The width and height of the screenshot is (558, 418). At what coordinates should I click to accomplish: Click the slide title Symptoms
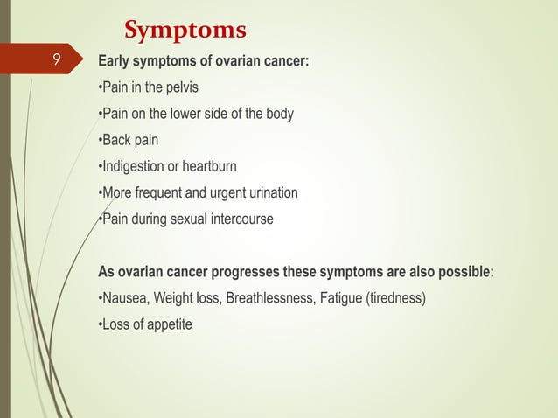click(x=185, y=31)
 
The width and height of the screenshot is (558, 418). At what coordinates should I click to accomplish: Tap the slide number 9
click(x=55, y=60)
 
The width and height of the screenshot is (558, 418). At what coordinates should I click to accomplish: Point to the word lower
click(x=189, y=114)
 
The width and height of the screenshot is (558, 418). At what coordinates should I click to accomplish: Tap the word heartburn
click(x=209, y=166)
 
